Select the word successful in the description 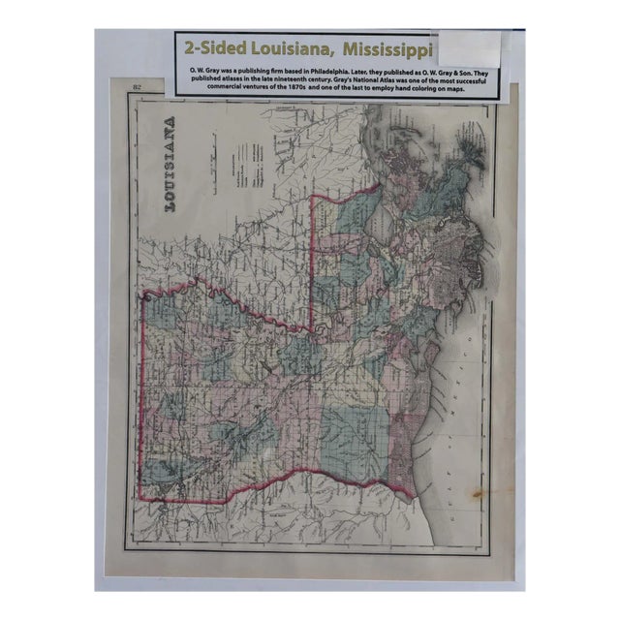click(x=466, y=82)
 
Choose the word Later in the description click(x=378, y=73)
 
